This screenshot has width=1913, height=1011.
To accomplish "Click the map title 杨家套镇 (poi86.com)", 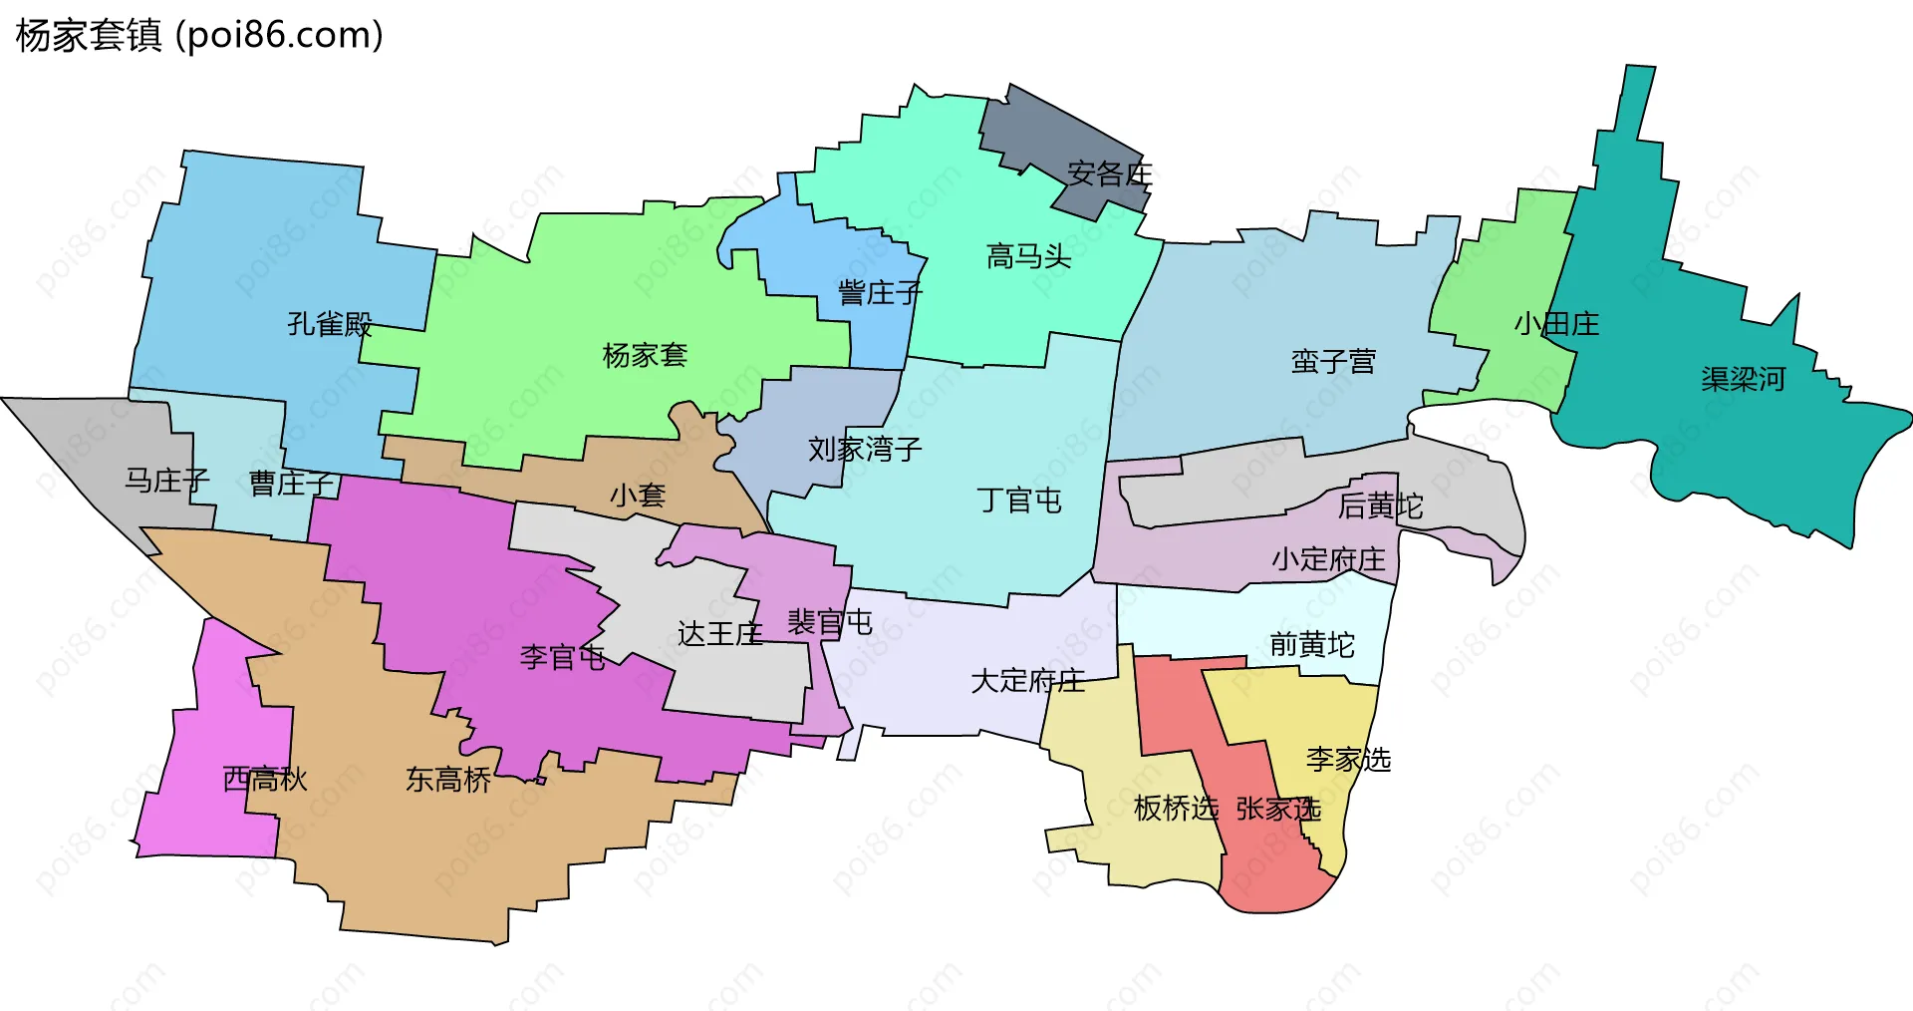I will [199, 36].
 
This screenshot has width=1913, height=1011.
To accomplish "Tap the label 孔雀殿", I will [330, 324].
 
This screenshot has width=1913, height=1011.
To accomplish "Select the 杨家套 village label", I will [645, 356].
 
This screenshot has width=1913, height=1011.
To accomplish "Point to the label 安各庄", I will [1109, 174].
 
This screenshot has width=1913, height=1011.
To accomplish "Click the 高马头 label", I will [1028, 257].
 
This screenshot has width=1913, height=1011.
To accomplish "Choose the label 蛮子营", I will [1333, 362].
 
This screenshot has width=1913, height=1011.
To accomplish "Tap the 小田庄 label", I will [1556, 324].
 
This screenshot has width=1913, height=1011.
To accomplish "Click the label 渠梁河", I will [1743, 380].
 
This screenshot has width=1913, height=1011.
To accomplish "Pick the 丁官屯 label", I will [1019, 501].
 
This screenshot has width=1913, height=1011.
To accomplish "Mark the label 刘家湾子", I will [865, 450].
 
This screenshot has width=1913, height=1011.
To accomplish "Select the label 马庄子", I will [167, 482].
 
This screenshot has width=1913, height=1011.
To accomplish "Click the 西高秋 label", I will [265, 780].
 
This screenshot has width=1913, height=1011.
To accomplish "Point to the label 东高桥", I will [448, 780].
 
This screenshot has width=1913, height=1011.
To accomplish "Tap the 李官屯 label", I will [562, 658].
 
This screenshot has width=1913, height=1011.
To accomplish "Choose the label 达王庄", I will [719, 634].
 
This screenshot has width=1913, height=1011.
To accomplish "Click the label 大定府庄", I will [1027, 682].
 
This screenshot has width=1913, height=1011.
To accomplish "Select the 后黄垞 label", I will [1380, 506].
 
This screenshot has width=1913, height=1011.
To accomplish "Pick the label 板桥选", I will [1176, 809].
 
